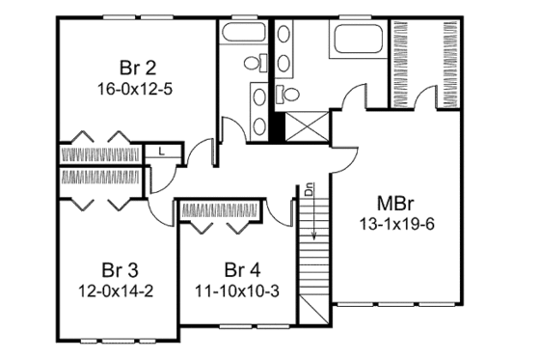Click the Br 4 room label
(237, 268)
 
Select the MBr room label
(392, 205)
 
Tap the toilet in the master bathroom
(286, 94)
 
